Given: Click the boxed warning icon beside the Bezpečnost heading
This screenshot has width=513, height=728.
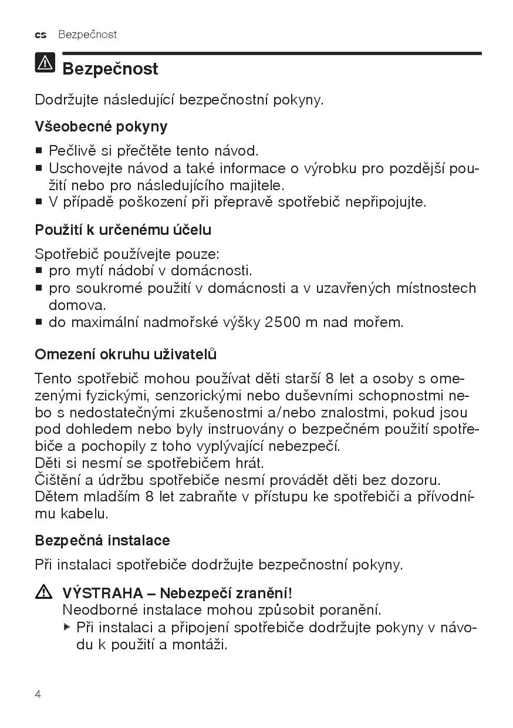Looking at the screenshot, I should (x=45, y=63).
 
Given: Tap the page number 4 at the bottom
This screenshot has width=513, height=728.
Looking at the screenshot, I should (x=38, y=695).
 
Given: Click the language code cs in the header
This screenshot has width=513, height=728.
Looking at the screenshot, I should (x=41, y=35).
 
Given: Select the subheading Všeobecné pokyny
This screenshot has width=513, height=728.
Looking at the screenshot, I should (x=101, y=127).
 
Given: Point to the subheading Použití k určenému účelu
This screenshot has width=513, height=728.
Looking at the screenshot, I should (x=123, y=230).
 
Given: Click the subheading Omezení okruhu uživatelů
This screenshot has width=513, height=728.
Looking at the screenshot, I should (x=126, y=355).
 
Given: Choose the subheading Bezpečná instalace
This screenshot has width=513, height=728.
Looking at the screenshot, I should (x=103, y=540).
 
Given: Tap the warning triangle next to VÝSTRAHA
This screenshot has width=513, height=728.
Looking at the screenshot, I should (x=43, y=592).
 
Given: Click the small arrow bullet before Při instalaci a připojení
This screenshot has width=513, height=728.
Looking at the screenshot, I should (x=67, y=627).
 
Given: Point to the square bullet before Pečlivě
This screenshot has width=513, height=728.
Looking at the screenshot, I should (x=39, y=151).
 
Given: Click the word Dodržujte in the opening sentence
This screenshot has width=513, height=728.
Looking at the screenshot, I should (x=66, y=99).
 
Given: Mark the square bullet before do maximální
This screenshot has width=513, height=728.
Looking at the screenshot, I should (x=39, y=322).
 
